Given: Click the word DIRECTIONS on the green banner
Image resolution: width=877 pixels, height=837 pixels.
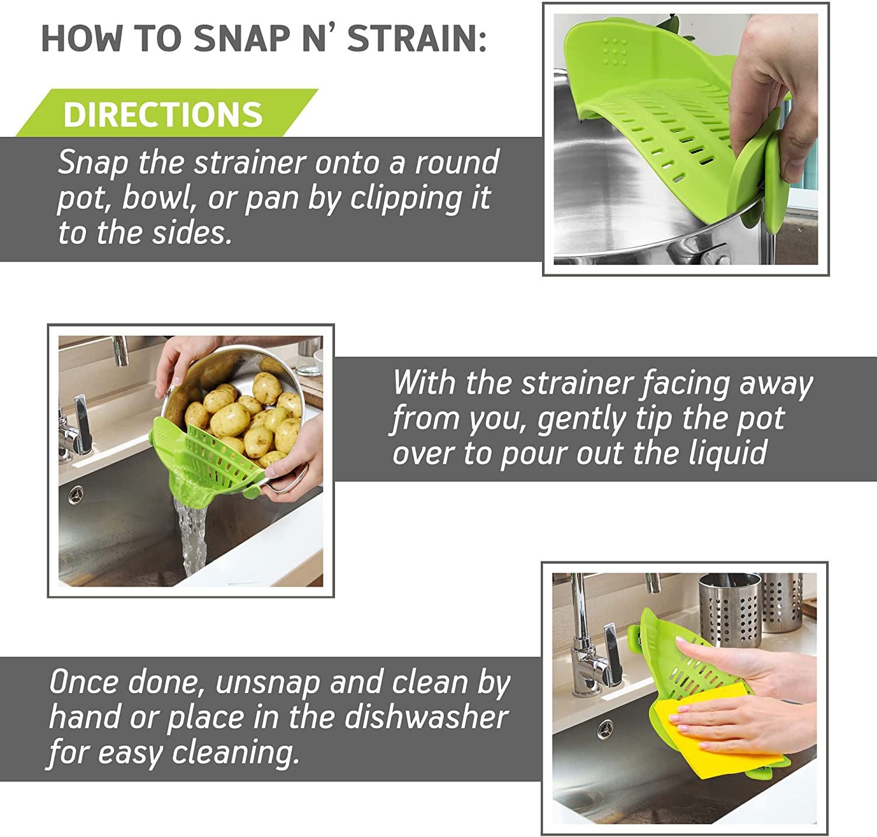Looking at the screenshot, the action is pyautogui.click(x=163, y=114).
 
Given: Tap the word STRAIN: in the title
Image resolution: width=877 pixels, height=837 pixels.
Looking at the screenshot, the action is pyautogui.click(x=417, y=39).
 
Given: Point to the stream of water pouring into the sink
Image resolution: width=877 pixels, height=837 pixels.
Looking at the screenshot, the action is pyautogui.click(x=191, y=536).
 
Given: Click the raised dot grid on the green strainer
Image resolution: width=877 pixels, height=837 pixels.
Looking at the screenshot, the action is pyautogui.click(x=614, y=51).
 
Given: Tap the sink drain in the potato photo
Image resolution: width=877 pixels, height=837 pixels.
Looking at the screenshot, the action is pyautogui.click(x=76, y=495).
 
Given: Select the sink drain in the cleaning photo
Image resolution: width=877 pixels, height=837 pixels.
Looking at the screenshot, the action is pyautogui.click(x=605, y=729).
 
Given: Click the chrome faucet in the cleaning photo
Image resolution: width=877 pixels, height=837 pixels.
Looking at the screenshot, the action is pyautogui.click(x=589, y=643).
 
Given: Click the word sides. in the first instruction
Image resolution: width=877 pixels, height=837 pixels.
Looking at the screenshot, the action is pyautogui.click(x=192, y=233).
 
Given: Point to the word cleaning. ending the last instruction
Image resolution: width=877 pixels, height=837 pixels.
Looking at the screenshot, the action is pyautogui.click(x=235, y=753).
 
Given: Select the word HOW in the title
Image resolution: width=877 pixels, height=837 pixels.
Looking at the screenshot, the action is pyautogui.click(x=82, y=39).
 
